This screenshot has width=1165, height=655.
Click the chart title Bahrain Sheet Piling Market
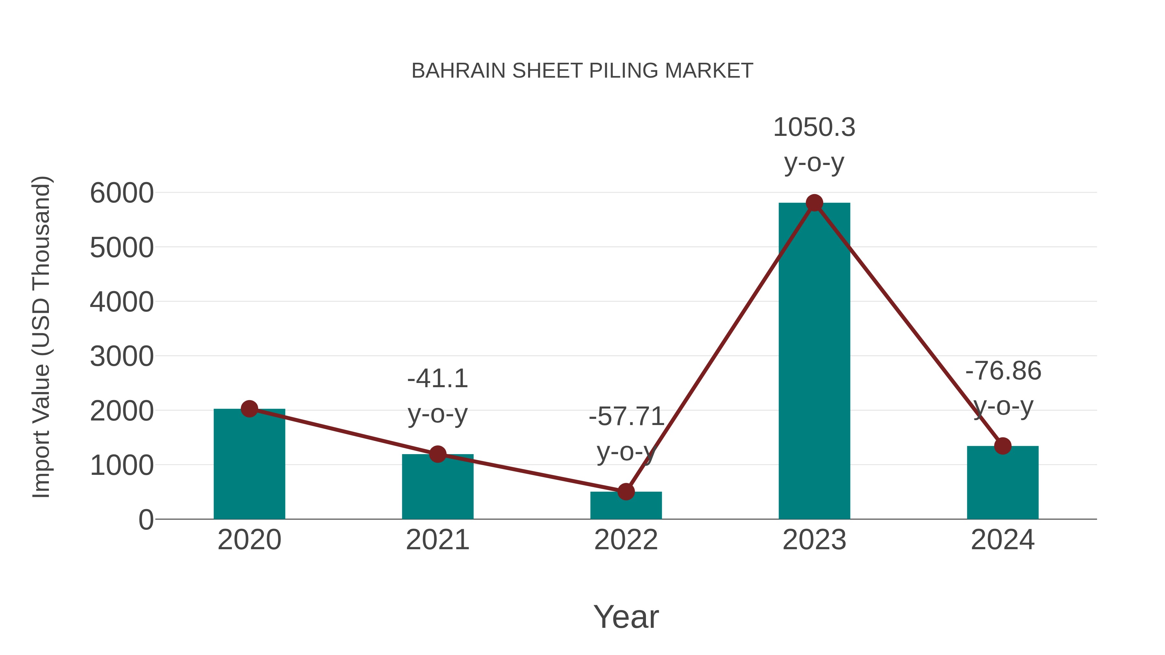click(x=582, y=71)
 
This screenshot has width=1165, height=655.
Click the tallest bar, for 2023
click(x=814, y=362)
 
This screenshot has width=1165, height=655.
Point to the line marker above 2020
click(x=249, y=409)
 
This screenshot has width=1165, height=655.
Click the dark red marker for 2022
click(x=626, y=491)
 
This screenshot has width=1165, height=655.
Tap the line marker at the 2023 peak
click(x=814, y=203)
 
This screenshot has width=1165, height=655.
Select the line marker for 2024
click(x=1003, y=446)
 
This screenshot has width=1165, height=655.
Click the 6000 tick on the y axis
click(x=122, y=193)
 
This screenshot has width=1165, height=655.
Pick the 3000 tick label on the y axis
click(x=122, y=357)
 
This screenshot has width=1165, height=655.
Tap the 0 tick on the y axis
click(x=146, y=520)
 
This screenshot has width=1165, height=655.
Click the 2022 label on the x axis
click(x=626, y=540)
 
